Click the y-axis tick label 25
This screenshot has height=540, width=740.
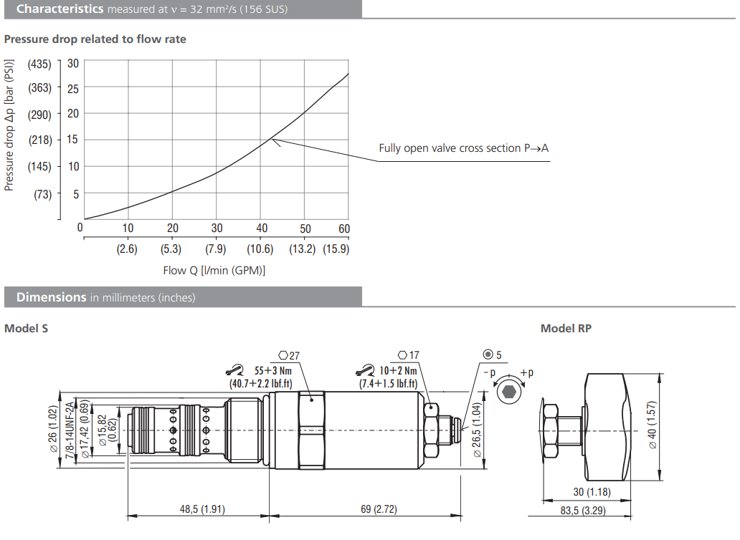(72, 89)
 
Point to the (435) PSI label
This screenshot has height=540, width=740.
(39, 64)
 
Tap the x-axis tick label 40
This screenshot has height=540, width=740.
(262, 228)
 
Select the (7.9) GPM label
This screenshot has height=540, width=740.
(215, 249)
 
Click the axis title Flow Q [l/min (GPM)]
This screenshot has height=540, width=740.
(214, 271)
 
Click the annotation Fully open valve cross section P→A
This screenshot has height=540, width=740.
(463, 148)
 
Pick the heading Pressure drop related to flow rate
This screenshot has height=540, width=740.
(95, 39)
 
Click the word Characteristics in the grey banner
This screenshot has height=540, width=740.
(60, 9)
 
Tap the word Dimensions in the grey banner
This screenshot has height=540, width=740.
(52, 297)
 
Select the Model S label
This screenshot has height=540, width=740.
(27, 329)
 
